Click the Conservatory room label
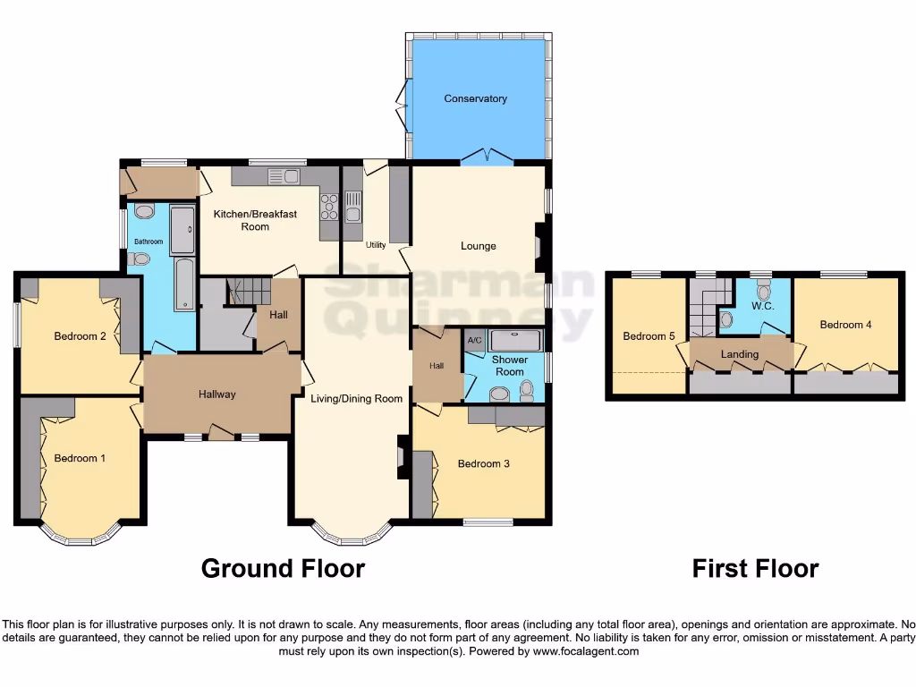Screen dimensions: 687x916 pyautogui.click(x=475, y=98)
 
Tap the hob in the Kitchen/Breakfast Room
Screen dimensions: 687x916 pyautogui.click(x=329, y=207)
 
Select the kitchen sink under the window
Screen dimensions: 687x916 pyautogui.click(x=284, y=176)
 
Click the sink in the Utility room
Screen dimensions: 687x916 pyautogui.click(x=352, y=207)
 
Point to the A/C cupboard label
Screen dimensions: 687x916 pyautogui.click(x=474, y=341)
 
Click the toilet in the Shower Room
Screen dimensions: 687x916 pyautogui.click(x=526, y=390)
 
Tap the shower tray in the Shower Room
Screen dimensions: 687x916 pyautogui.click(x=516, y=341)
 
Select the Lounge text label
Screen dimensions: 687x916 pyautogui.click(x=478, y=246)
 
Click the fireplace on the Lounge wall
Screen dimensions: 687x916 pyautogui.click(x=539, y=246)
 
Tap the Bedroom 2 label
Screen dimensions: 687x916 pyautogui.click(x=81, y=336)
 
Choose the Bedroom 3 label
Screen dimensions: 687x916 pyautogui.click(x=483, y=463)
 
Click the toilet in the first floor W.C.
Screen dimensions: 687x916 pyautogui.click(x=763, y=291)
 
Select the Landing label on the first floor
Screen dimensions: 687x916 pyautogui.click(x=740, y=354)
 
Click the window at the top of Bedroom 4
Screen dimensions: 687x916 pyautogui.click(x=844, y=275)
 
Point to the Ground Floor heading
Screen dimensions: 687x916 pyautogui.click(x=283, y=568)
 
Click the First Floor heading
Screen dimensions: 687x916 pyautogui.click(x=755, y=568)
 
